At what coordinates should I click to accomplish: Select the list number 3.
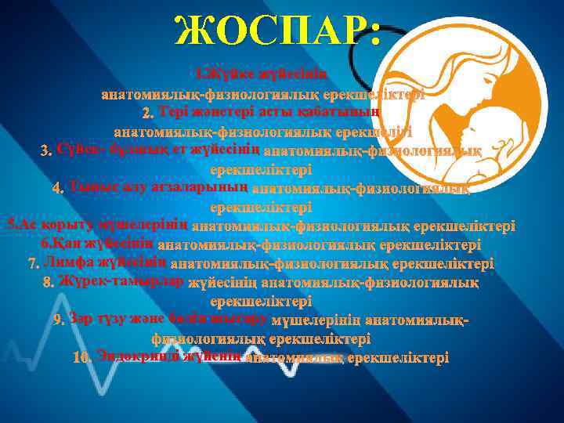(45, 150)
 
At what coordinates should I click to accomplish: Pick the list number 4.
(57, 189)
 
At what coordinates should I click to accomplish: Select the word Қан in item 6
(74, 244)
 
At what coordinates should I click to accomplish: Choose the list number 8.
(48, 282)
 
